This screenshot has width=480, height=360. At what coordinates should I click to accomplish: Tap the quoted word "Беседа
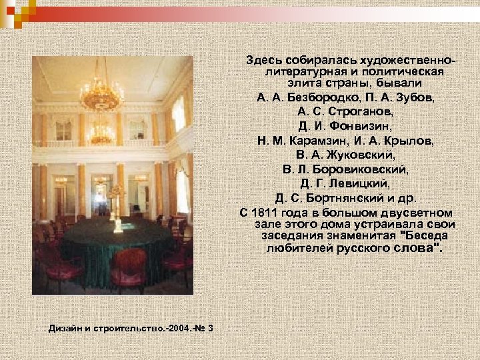click(x=423, y=236)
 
